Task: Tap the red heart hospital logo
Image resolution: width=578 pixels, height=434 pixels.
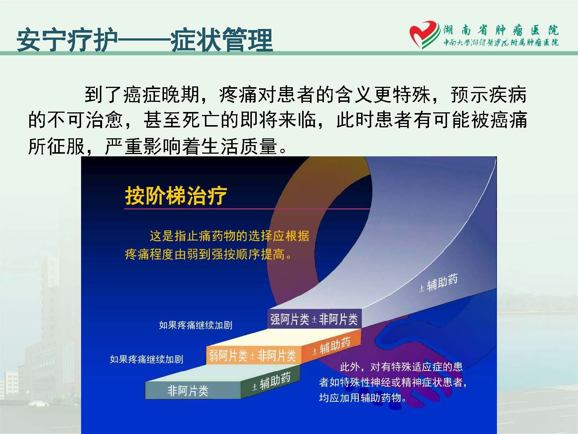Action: click(424, 35)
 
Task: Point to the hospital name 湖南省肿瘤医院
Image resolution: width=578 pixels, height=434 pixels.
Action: click(501, 31)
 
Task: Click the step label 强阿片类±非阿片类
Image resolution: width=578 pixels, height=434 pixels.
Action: click(314, 319)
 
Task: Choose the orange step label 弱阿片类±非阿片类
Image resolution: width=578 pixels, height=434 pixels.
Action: click(253, 356)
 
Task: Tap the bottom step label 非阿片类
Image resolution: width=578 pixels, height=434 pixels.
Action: click(188, 390)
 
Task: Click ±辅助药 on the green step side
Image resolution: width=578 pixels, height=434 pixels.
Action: click(271, 381)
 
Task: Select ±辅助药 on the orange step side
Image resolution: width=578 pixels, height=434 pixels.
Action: click(331, 346)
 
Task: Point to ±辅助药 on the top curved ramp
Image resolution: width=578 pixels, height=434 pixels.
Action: click(438, 283)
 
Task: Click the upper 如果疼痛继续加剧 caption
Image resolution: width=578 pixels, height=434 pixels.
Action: click(196, 325)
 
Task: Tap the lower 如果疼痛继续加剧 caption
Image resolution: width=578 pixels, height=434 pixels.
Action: click(146, 359)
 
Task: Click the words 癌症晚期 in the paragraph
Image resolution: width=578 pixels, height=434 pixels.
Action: click(161, 94)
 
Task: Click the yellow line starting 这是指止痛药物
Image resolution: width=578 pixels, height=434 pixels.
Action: click(230, 236)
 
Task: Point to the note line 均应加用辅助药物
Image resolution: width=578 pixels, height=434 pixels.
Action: click(363, 398)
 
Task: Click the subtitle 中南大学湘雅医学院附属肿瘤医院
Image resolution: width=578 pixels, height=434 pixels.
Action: click(501, 43)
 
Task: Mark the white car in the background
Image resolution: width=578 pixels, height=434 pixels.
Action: click(39, 404)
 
